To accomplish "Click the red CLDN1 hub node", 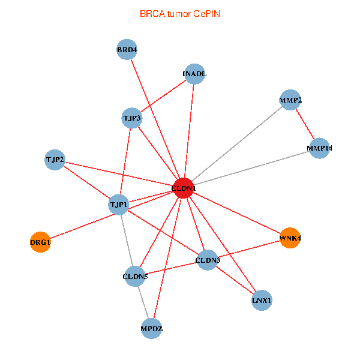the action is click(x=183, y=188).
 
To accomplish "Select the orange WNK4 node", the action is click(x=290, y=238).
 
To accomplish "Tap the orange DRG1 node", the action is click(x=40, y=242).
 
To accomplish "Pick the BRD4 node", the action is click(x=127, y=49).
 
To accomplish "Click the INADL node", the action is click(x=194, y=74).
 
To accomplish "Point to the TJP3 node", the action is click(x=131, y=118).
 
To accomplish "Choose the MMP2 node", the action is click(x=290, y=99).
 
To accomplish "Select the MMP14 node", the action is click(x=319, y=148).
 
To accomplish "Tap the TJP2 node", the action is click(x=55, y=160).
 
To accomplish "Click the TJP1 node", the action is click(x=119, y=205).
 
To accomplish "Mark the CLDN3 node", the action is click(x=208, y=260).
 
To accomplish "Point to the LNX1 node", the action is click(x=262, y=299).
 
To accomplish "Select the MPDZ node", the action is click(x=152, y=328).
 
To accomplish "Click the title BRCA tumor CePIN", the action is click(x=180, y=13).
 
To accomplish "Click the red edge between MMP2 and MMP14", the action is click(x=305, y=124).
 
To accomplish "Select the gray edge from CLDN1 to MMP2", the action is click(x=240, y=142).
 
